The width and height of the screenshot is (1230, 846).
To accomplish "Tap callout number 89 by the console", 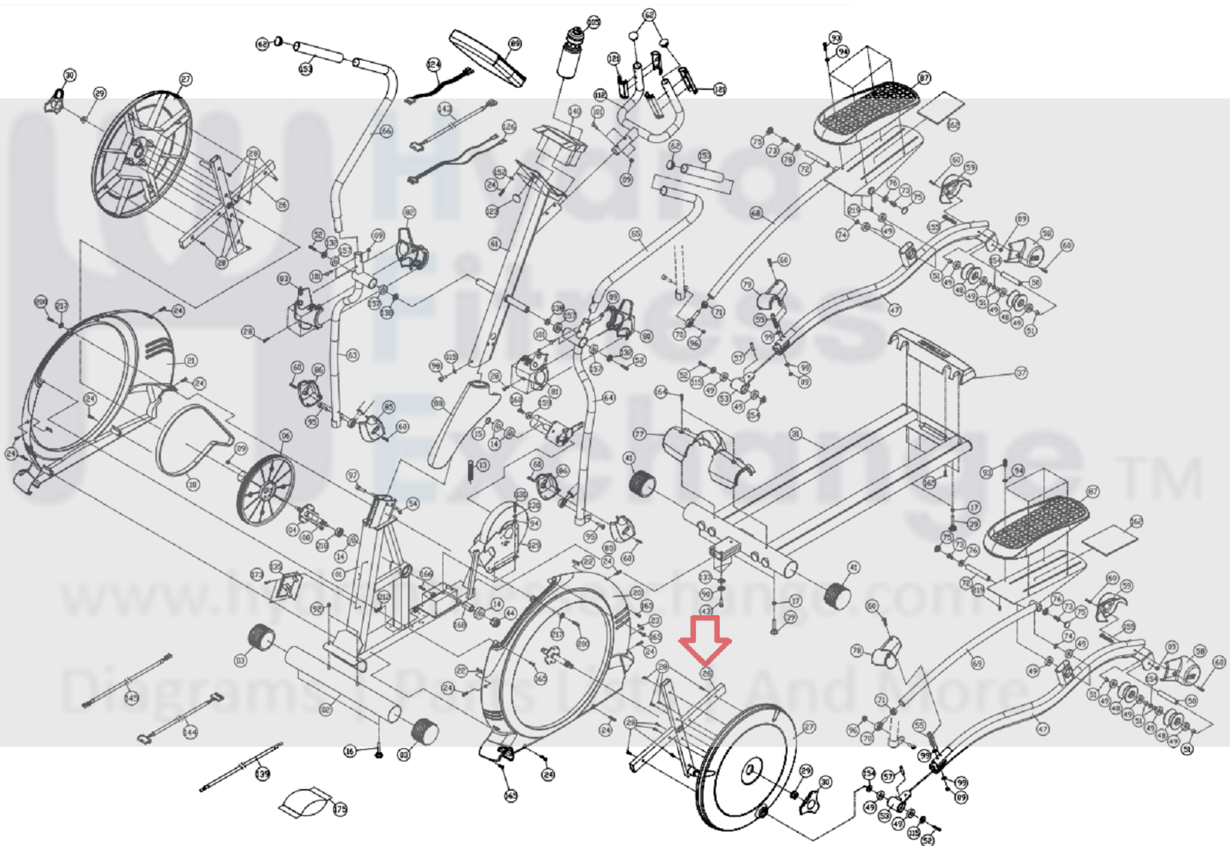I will coord(514,44).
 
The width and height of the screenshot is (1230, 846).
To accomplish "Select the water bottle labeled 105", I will coord(571,54).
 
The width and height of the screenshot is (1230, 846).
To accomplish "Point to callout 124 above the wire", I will coord(434,65).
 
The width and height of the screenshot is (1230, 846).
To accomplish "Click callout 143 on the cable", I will coord(444,109).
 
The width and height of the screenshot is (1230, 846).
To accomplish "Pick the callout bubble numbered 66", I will coord(387,131).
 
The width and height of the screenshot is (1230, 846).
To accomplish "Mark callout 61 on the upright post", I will coord(494,244).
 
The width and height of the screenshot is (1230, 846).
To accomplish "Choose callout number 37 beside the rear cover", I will coord(1021,373).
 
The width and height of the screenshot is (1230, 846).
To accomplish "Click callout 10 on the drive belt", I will coord(193,484).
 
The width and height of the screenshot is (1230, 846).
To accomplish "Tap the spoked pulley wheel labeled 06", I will coord(265,489).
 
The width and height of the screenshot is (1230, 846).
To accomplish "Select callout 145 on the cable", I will coord(131,697).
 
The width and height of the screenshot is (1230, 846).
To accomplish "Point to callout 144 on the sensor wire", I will coord(189,732).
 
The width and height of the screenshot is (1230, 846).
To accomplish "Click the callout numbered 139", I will coord(263,774).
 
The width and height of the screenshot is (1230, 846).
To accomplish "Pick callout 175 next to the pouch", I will coord(340,809).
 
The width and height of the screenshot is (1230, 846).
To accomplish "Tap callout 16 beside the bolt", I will coord(350,751).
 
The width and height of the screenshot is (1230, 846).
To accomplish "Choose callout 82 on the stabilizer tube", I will coord(326,709).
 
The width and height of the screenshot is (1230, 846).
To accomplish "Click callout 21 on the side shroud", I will coord(191,360).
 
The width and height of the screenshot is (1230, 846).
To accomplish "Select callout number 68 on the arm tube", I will coord(756,212).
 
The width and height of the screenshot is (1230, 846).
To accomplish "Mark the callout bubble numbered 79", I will coord(746,285).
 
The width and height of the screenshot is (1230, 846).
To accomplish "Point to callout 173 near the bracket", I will coord(257,575).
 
